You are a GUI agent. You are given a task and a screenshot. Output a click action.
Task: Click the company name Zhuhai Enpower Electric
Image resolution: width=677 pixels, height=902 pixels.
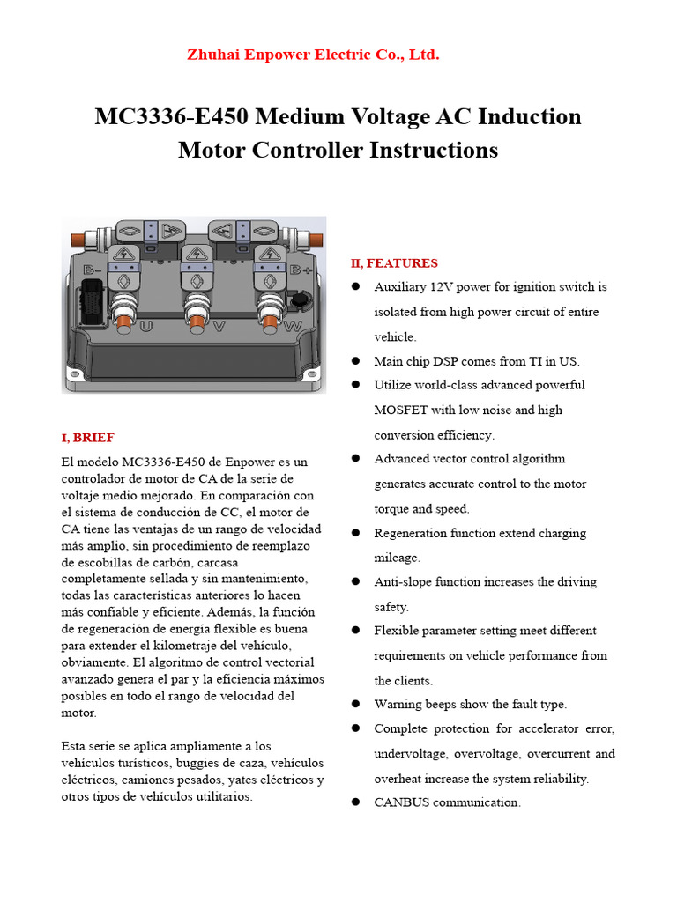313,55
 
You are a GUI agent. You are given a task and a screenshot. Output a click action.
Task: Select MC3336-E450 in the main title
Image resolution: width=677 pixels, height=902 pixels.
171,117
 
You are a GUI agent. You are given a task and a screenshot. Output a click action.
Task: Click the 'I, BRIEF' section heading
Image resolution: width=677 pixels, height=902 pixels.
87,437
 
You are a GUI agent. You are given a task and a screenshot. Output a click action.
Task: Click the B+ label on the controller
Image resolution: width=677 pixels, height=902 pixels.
301,270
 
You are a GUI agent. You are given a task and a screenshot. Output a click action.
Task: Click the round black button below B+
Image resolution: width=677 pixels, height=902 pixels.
301,301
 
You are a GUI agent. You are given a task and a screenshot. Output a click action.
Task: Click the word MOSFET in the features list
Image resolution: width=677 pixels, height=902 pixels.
400,410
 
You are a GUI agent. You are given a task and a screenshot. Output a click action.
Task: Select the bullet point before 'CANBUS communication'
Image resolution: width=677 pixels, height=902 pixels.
355,802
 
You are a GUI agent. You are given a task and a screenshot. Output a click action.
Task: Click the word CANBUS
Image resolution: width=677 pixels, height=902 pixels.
403,802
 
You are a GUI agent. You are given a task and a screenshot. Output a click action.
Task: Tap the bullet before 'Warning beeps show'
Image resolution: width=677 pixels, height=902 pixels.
355,704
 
